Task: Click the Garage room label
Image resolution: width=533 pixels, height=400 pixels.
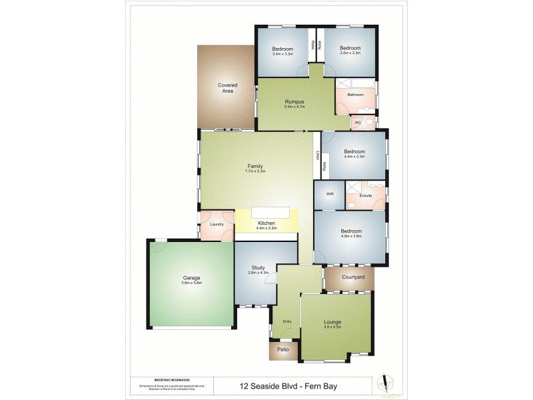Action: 192,277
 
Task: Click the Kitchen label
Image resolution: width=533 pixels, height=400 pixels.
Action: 266,223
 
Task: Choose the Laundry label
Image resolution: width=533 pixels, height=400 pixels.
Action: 217,224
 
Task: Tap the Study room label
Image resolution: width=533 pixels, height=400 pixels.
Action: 259,267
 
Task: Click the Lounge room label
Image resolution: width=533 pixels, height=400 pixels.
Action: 332,321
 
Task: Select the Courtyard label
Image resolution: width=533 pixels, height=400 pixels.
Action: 352,277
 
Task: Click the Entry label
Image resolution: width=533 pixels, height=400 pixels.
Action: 287,321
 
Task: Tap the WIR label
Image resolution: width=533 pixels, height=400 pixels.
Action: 329,195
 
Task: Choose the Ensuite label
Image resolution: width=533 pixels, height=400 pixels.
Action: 365,195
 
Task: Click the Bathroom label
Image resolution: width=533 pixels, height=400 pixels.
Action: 355,95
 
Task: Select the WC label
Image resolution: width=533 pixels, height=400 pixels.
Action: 357,123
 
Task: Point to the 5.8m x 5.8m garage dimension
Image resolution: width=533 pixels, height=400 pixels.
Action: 192,283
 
